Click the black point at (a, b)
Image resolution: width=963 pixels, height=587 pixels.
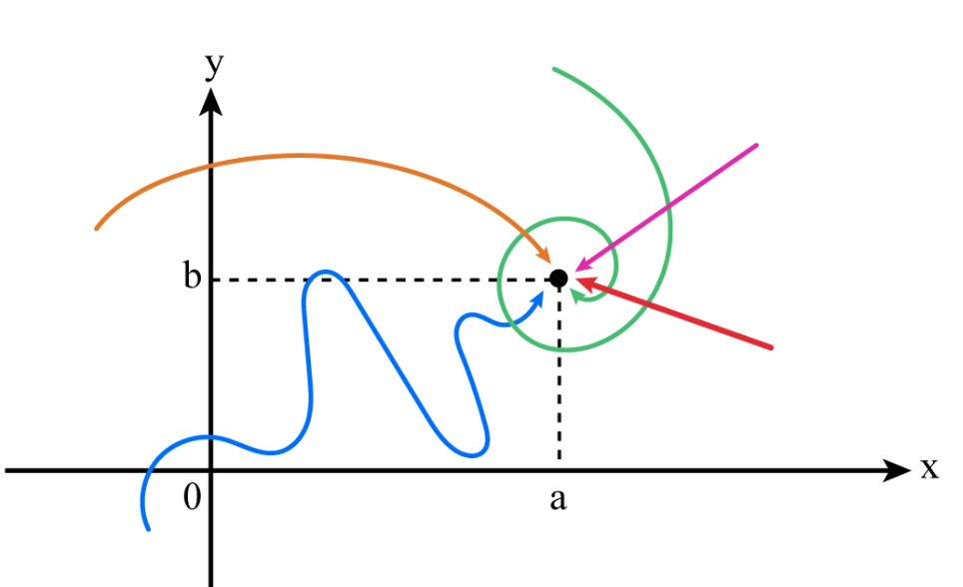point(558,279)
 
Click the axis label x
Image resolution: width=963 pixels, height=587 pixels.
point(929,467)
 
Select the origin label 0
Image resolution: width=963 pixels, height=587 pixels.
point(193,497)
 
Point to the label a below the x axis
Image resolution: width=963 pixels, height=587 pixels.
point(557,497)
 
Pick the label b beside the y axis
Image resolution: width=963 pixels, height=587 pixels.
point(192,277)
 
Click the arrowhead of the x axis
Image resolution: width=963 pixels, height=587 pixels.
point(898,470)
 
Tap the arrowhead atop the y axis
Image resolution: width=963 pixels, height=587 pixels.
point(211,101)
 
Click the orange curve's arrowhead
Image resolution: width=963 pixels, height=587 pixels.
point(542,259)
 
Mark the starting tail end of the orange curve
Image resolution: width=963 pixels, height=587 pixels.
point(96,229)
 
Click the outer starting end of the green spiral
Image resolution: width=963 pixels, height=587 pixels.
point(553,69)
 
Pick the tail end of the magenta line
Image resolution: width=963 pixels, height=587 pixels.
point(757,146)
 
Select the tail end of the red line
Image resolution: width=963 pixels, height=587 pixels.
point(772,347)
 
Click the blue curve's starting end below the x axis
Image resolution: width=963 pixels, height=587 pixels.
point(149,529)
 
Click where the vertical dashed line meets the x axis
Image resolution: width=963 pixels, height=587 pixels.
point(558,469)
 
